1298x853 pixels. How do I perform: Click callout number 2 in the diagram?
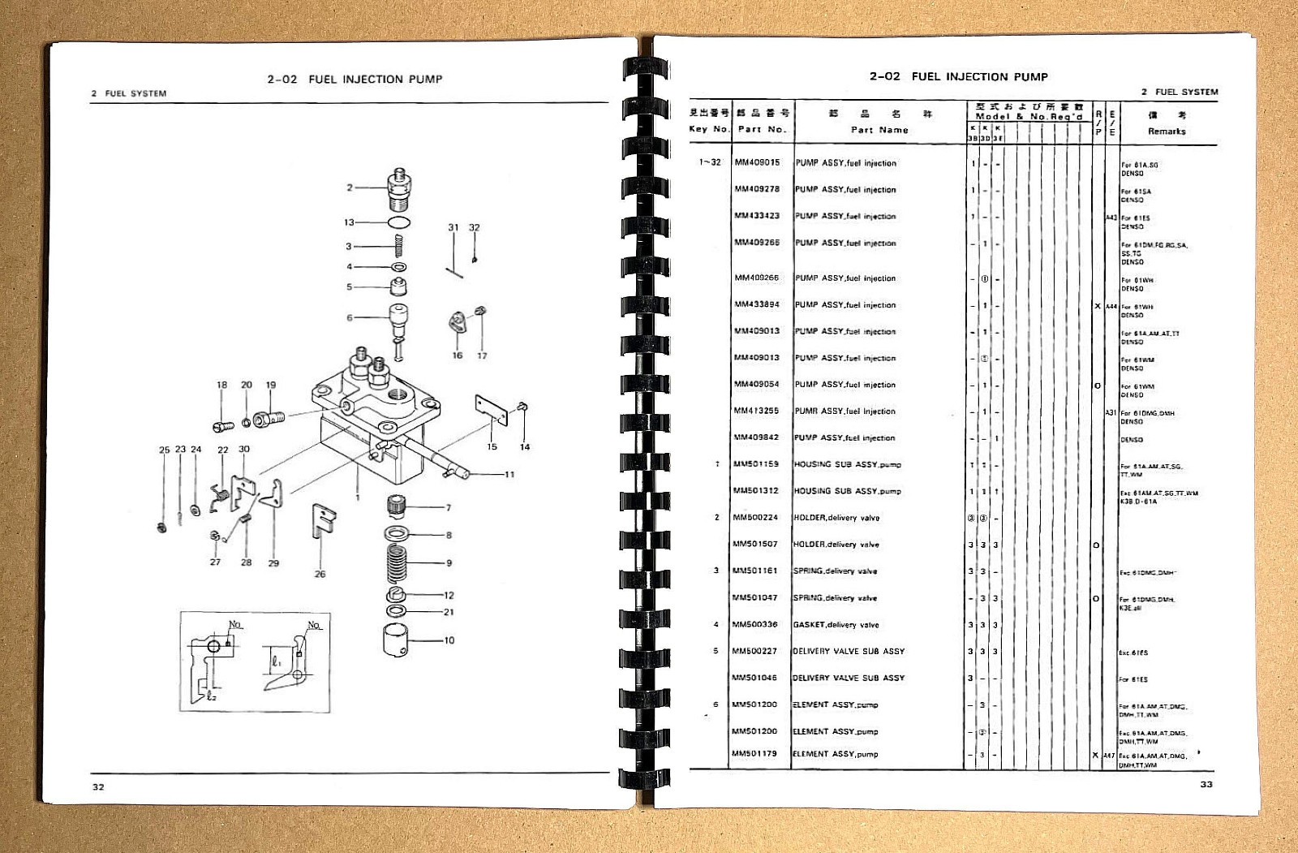[x=350, y=187]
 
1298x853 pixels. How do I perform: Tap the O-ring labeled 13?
[x=398, y=222]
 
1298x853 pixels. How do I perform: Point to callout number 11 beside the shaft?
[x=509, y=475]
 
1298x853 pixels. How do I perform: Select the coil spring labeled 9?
[x=397, y=560]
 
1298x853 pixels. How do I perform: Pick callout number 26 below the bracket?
[x=320, y=574]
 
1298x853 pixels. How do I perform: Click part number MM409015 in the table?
[x=757, y=162]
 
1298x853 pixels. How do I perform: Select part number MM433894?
[x=757, y=304]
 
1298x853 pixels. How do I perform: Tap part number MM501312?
[x=755, y=490]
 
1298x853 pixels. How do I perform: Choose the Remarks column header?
[x=1167, y=131]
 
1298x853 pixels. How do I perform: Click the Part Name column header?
[x=879, y=129]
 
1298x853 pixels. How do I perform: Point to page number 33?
[x=1206, y=784]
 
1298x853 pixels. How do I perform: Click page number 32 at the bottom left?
[x=98, y=786]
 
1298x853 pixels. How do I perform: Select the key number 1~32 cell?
[x=710, y=162]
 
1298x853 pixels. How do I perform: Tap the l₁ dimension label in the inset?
[x=277, y=661]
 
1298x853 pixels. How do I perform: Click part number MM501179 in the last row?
[x=754, y=753]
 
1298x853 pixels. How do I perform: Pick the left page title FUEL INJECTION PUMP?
[x=375, y=79]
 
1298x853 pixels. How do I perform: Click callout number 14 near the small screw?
[x=525, y=446]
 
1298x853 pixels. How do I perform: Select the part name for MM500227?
[x=848, y=651]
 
